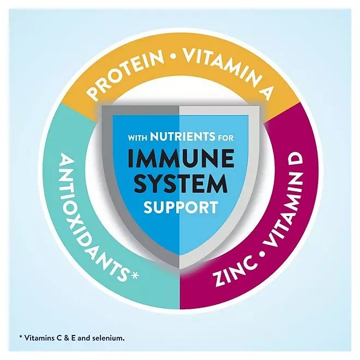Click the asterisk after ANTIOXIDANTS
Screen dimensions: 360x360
(134, 275)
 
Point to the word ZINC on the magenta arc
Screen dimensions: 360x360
(235, 272)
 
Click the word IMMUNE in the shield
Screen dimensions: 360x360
(181, 158)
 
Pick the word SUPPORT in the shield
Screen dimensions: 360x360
(181, 207)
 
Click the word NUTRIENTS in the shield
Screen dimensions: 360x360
(183, 137)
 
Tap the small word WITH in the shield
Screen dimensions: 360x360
(138, 138)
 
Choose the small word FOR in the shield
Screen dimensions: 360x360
(225, 138)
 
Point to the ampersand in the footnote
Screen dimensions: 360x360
(67, 338)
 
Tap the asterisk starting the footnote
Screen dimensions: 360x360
(21, 337)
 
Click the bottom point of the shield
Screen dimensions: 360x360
(179, 268)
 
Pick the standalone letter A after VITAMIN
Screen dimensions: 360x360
(265, 92)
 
